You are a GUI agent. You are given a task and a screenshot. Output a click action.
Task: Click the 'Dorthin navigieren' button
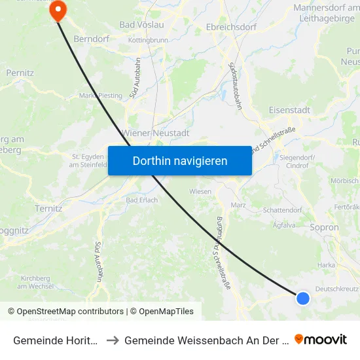click(180, 160)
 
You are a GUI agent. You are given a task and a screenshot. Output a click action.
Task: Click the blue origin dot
click(302, 298)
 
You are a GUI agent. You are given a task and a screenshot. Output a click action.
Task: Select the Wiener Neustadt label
click(156, 133)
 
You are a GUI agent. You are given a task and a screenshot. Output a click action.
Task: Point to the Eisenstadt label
click(289, 110)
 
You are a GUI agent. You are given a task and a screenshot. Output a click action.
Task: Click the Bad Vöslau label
click(142, 25)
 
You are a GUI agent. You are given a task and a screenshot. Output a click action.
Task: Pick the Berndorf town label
click(90, 39)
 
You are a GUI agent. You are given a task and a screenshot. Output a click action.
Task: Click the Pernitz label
click(20, 73)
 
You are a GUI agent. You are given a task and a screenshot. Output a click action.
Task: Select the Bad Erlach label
click(141, 200)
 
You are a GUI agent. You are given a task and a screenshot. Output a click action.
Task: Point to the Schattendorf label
click(281, 211)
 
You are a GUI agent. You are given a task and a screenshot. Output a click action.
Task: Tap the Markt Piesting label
click(101, 96)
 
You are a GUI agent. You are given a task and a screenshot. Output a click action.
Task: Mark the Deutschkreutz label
click(336, 289)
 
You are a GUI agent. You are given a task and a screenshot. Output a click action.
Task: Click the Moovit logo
click(321, 340)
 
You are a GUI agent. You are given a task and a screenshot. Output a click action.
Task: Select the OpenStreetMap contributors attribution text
click(65, 312)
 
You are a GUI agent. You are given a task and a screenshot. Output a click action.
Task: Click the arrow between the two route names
click(112, 340)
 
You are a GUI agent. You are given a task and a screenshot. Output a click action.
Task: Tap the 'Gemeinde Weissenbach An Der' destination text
click(206, 340)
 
